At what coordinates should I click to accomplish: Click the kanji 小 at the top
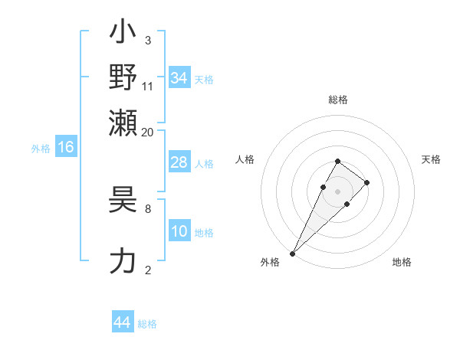click(x=123, y=34)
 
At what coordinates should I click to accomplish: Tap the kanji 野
click(x=123, y=77)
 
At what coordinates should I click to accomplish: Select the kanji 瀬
click(x=123, y=123)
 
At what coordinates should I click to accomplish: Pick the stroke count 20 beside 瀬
click(x=148, y=132)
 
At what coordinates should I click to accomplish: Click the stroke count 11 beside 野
click(x=148, y=86)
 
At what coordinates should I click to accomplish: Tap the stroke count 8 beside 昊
click(x=148, y=208)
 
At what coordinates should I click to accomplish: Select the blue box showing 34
click(x=179, y=78)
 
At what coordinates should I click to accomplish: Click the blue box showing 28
click(x=179, y=163)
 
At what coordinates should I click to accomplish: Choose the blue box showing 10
click(x=179, y=232)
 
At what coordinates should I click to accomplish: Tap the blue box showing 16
click(x=65, y=148)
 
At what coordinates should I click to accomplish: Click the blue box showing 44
click(x=122, y=322)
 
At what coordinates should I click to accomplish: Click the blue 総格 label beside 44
click(x=147, y=324)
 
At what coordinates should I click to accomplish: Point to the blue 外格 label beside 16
click(x=41, y=149)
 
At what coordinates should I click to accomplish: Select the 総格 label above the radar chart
click(x=337, y=100)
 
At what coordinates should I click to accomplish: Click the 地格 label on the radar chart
click(x=402, y=263)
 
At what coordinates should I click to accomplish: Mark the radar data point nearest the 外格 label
click(x=293, y=253)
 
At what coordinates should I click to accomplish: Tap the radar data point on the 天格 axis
click(x=367, y=182)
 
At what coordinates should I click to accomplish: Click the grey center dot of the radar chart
click(x=337, y=190)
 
